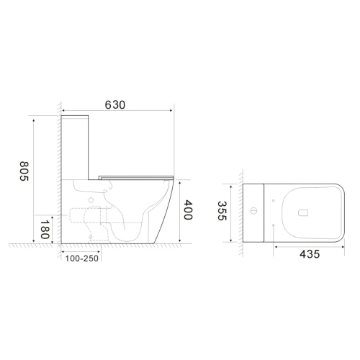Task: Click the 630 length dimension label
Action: click(115, 105)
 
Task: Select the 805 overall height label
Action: click(24, 171)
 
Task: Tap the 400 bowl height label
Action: click(188, 210)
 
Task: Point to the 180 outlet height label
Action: click(45, 230)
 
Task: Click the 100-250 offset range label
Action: click(82, 258)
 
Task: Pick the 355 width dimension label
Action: click(222, 211)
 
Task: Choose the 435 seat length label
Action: click(310, 254)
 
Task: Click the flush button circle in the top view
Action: click(253, 211)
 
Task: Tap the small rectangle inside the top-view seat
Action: click(303, 213)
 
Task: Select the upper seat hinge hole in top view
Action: click(274, 201)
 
